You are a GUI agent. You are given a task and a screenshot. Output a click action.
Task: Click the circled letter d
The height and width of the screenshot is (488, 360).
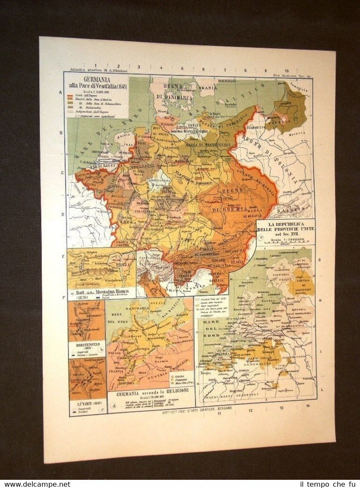[x=113, y=405]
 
